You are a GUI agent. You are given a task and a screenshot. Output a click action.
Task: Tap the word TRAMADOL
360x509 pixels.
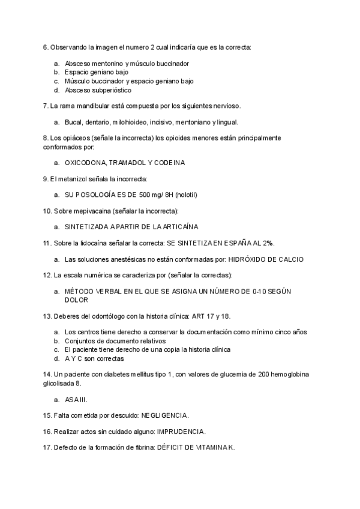coord(130,163)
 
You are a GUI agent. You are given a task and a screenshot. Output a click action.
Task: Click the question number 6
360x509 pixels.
coord(45,47)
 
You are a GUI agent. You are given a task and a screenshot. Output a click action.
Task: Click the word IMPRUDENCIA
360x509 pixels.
coord(181,431)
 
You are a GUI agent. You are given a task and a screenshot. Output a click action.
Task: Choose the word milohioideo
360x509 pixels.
coord(133,122)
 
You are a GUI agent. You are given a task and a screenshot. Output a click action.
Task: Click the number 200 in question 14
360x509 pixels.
coord(265,375)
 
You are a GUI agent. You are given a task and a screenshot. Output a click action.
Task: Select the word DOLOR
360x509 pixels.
coord(76,299)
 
